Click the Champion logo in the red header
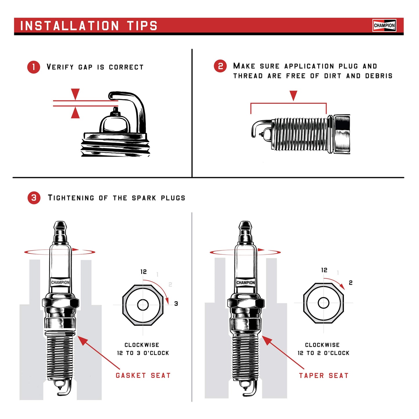[x=384, y=26]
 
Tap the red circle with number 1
[x=34, y=67]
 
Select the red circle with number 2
[x=220, y=66]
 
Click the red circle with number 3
[x=34, y=198]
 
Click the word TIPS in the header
[x=142, y=26]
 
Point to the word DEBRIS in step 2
[x=379, y=76]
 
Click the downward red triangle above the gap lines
[x=75, y=94]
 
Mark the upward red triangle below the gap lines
[x=75, y=113]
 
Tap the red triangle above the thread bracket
[x=293, y=95]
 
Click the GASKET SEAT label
[x=143, y=376]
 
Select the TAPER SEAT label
[x=324, y=376]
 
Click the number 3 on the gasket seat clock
[x=176, y=304]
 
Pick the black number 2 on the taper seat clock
[x=351, y=283]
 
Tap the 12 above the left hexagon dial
[x=144, y=272]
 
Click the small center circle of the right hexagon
[x=323, y=303]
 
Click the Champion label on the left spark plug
[x=60, y=282]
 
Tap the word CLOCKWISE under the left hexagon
[x=142, y=345]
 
